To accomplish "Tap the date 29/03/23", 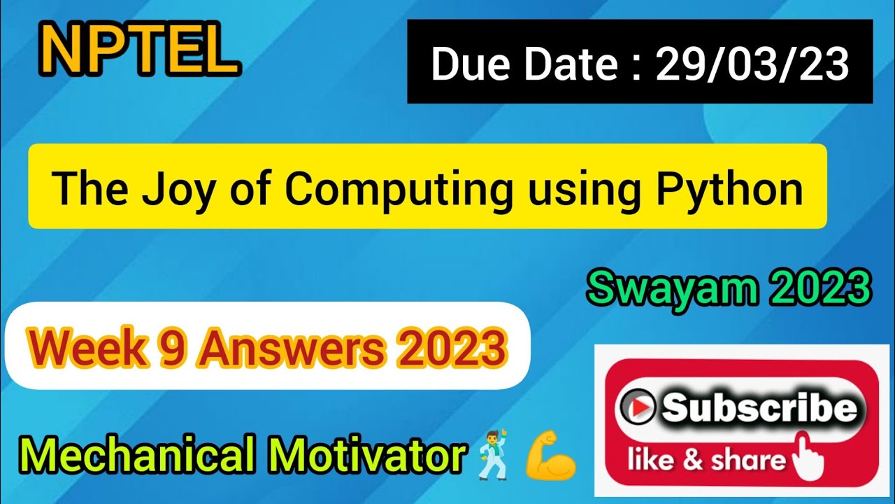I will tap(752, 65).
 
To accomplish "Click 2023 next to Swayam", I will tap(824, 289).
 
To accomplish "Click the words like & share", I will tap(706, 461).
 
